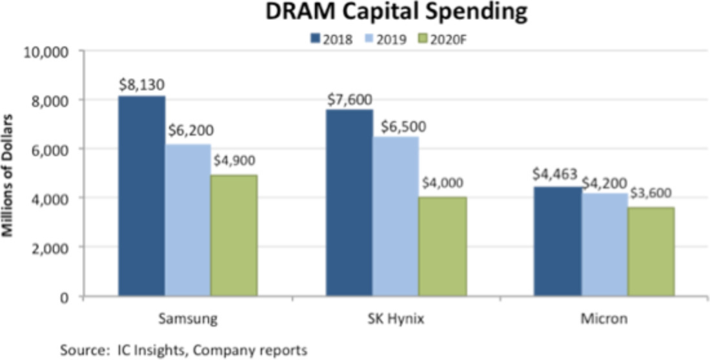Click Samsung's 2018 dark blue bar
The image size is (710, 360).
(x=141, y=196)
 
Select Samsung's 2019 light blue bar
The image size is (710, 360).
(x=188, y=220)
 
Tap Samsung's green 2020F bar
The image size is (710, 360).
(x=234, y=235)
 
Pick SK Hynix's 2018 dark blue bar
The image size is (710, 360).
(x=350, y=203)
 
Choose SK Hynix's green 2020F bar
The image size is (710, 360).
(x=443, y=246)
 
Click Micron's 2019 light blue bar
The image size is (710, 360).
(x=605, y=245)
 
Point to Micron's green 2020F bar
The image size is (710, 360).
(x=651, y=252)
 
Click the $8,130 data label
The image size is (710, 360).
(x=141, y=85)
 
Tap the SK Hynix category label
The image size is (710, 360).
(x=396, y=319)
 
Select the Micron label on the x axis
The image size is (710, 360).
(x=605, y=319)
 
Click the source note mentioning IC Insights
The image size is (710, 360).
(x=183, y=350)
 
